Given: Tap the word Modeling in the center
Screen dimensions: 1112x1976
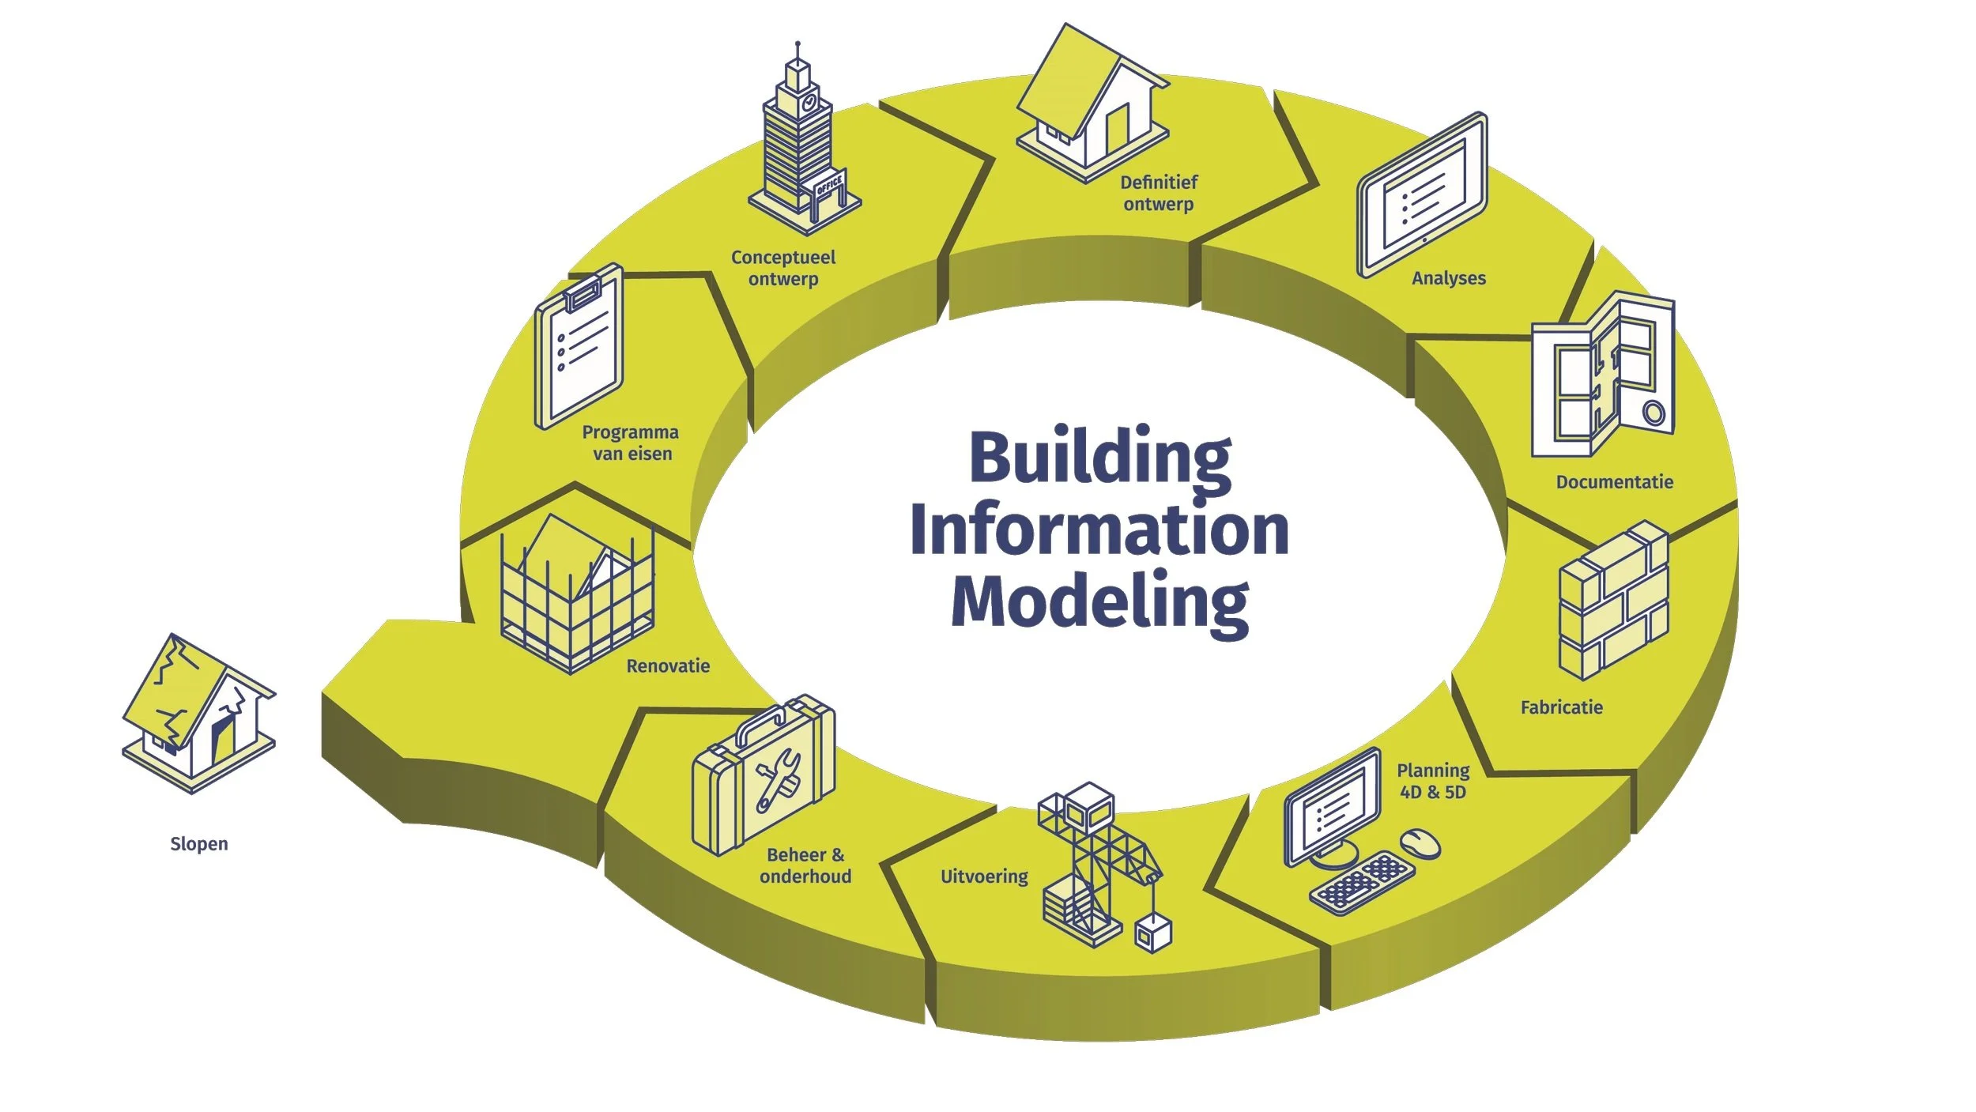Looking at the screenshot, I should tap(1099, 602).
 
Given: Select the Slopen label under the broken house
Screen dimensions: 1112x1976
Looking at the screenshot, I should tap(199, 844).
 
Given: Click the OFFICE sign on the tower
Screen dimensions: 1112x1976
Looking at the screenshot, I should tap(829, 187).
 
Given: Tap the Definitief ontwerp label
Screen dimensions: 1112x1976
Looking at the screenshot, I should tap(1159, 194).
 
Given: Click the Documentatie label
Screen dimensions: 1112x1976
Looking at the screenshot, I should tap(1614, 482).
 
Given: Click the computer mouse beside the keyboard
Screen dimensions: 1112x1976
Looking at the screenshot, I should tap(1420, 842).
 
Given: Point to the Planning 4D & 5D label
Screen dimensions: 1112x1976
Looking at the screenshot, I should tap(1433, 781).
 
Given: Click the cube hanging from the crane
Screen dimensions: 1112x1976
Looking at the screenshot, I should tap(1153, 934).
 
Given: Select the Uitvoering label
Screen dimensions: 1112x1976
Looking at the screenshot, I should tap(984, 876).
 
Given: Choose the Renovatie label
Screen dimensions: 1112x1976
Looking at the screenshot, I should tap(668, 666).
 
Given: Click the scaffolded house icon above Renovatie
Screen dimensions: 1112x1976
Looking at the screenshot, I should tap(577, 593).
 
